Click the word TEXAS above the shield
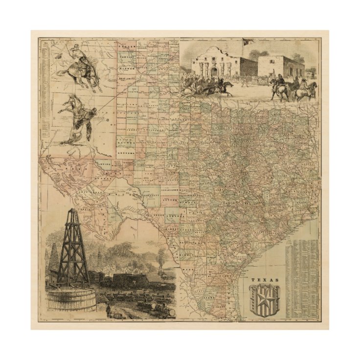265,280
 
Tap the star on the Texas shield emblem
265,297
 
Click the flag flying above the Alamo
246,42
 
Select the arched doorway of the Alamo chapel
214,71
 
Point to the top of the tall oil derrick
72,211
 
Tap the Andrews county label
126,152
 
